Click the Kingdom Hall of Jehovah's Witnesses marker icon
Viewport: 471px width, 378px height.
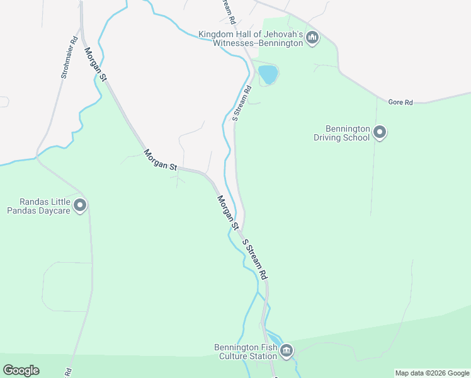(x=312, y=38)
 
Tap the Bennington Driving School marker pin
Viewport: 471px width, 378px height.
(x=380, y=132)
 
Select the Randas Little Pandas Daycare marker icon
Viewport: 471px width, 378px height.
(x=80, y=205)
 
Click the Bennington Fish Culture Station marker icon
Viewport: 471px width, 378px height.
(x=287, y=350)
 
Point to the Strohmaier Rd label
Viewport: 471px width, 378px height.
(x=69, y=57)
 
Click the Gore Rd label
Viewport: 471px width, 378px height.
(x=400, y=101)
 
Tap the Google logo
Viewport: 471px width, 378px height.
(x=21, y=370)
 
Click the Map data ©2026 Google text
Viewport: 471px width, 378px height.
(x=433, y=373)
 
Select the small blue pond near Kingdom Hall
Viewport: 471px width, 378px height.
(x=268, y=74)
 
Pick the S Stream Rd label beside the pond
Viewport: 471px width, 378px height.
(x=242, y=103)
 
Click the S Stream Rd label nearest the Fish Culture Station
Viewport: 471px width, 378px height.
(x=256, y=259)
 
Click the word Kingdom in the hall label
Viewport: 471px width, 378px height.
(x=216, y=34)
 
